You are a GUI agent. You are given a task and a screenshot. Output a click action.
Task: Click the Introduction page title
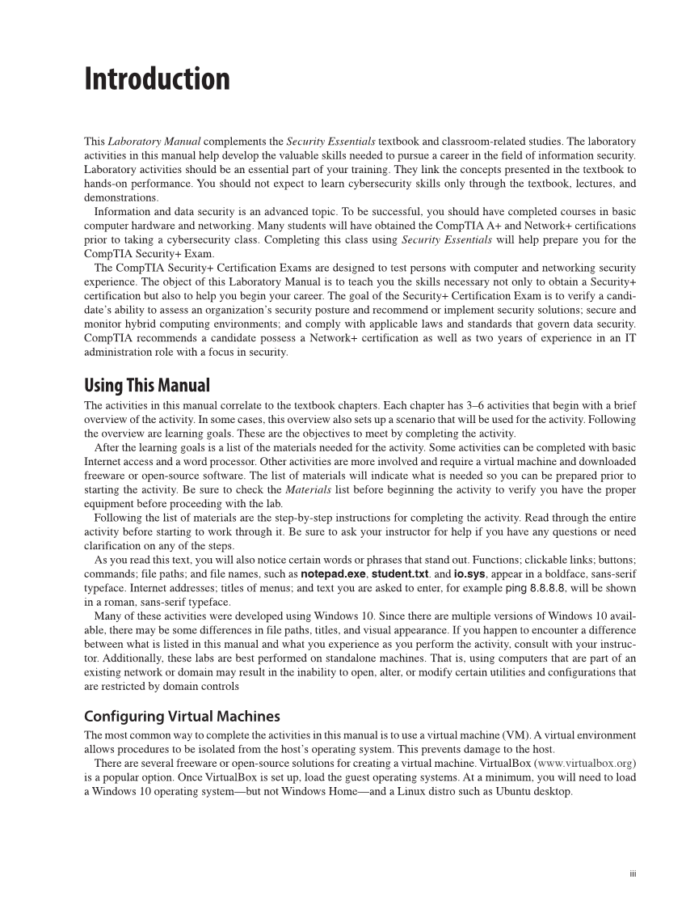(x=157, y=79)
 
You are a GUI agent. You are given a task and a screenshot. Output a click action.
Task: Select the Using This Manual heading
(x=146, y=385)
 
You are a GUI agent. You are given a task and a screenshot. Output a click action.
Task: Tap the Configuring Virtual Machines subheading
(x=182, y=717)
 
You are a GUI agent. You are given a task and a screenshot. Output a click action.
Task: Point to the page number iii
(x=633, y=874)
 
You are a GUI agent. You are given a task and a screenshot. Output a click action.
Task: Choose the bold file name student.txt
(x=400, y=574)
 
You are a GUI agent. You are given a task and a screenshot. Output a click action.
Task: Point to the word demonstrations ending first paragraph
(x=121, y=197)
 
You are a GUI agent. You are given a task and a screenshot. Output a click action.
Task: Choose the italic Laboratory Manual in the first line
(x=149, y=142)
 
